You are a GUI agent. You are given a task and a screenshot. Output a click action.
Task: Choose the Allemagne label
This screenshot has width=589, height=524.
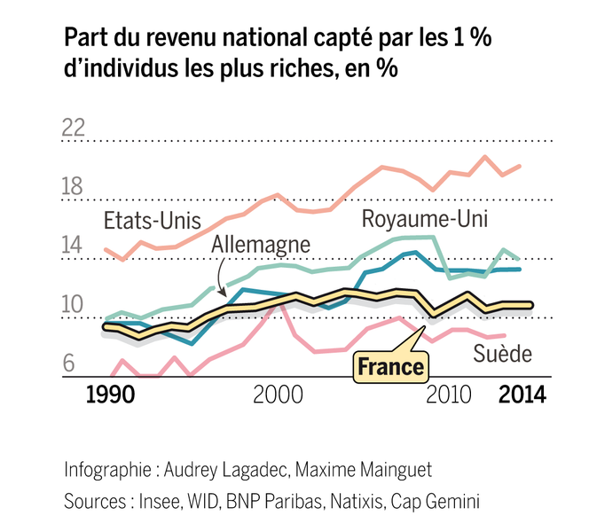(262, 244)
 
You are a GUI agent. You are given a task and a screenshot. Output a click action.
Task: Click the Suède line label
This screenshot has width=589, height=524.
(501, 355)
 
